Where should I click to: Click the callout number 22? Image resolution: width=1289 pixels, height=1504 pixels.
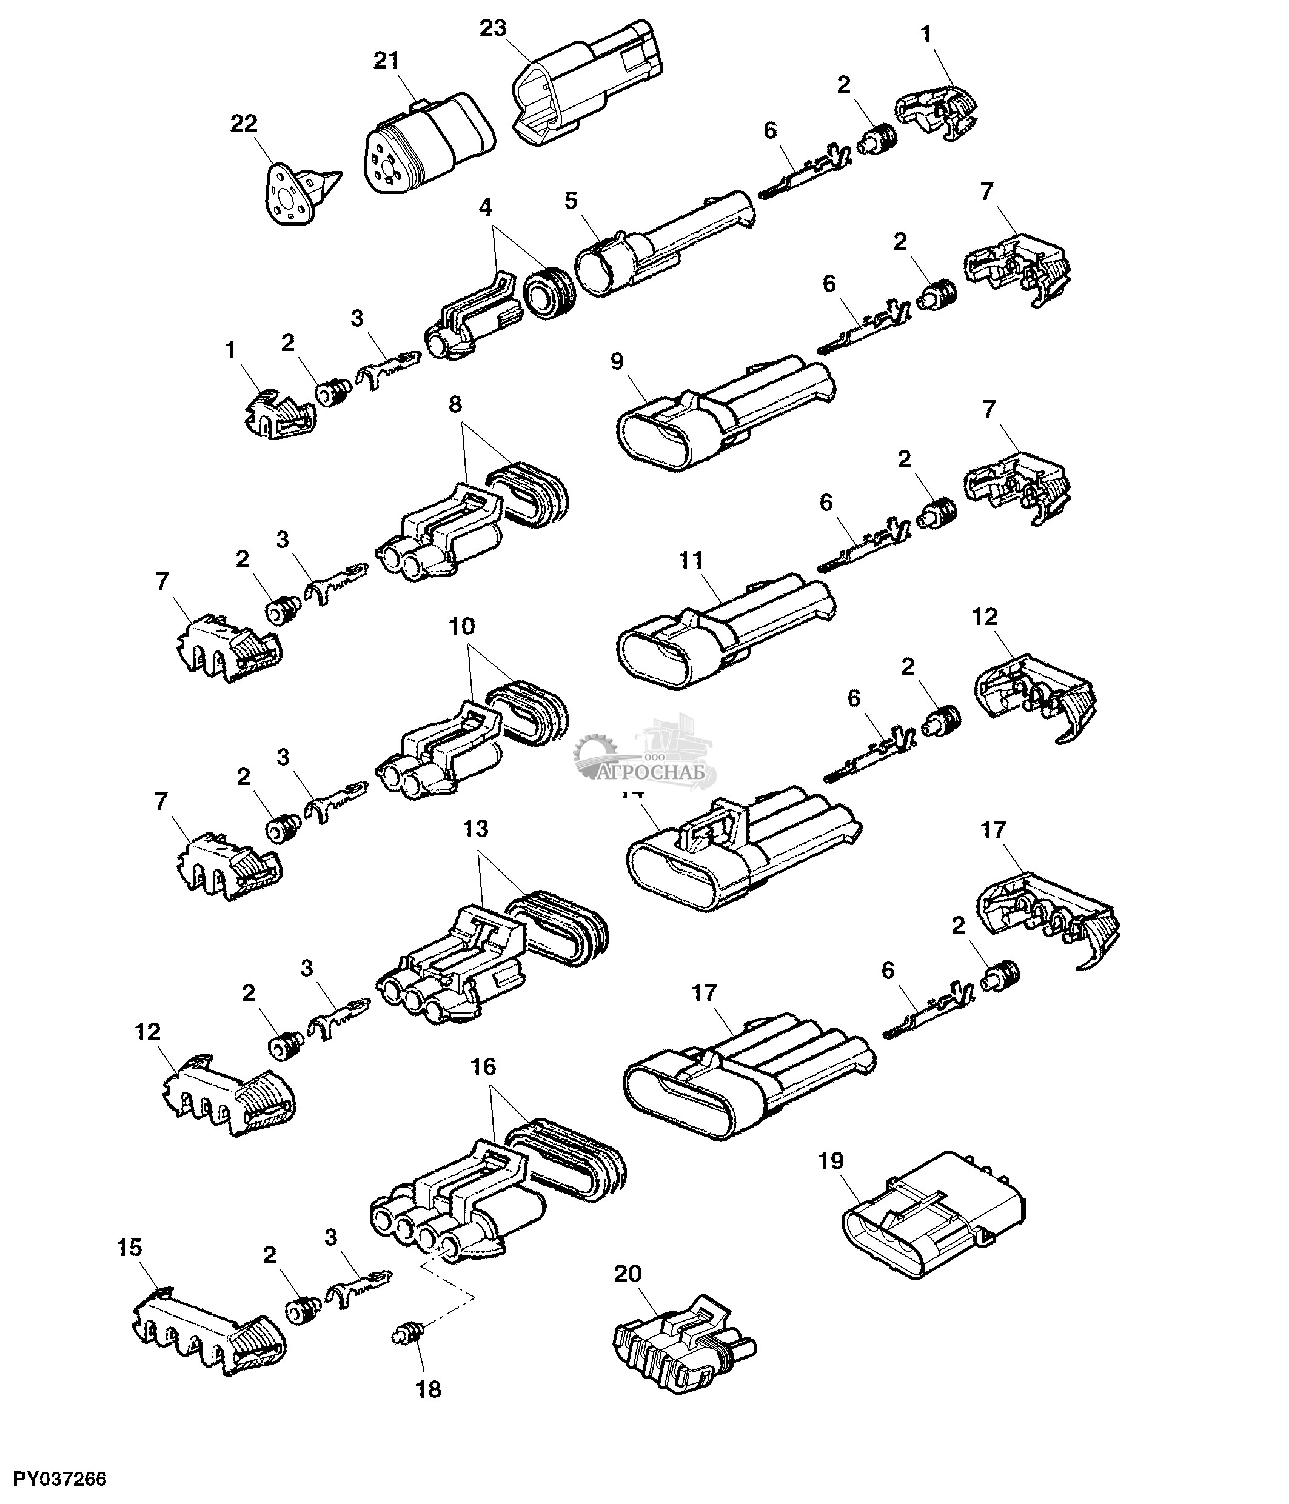pos(244,124)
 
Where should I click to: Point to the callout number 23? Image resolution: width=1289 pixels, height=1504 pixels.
pos(493,28)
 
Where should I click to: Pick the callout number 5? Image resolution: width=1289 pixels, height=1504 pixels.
pos(571,201)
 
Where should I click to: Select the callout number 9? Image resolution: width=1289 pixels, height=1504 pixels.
pos(617,361)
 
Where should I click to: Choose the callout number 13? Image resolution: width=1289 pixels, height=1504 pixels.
pos(475,829)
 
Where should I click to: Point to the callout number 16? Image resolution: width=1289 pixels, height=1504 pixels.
pos(483,1067)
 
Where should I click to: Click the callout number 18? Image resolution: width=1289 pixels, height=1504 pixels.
pos(428,1389)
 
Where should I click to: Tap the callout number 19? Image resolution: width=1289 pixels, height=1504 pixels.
pos(831,1161)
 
